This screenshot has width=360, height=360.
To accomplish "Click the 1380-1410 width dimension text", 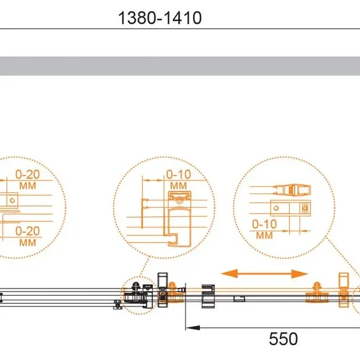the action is pos(160,18).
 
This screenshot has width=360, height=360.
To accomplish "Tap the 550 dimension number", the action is pos(284,338).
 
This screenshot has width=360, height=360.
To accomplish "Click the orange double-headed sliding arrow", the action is pos(264,274).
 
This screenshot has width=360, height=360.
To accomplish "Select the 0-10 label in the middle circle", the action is pos(178,174).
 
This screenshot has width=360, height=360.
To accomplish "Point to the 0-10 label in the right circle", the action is pos(264,224).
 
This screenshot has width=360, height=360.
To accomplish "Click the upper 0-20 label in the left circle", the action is pos(28,174).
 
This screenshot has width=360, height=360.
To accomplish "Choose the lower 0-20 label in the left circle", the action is pos(28,231).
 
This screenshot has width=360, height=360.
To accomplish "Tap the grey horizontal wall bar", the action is pos(180,66).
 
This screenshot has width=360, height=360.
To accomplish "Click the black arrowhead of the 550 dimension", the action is pos(193,327).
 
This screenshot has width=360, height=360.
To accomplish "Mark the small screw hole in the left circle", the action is pos(12,200).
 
